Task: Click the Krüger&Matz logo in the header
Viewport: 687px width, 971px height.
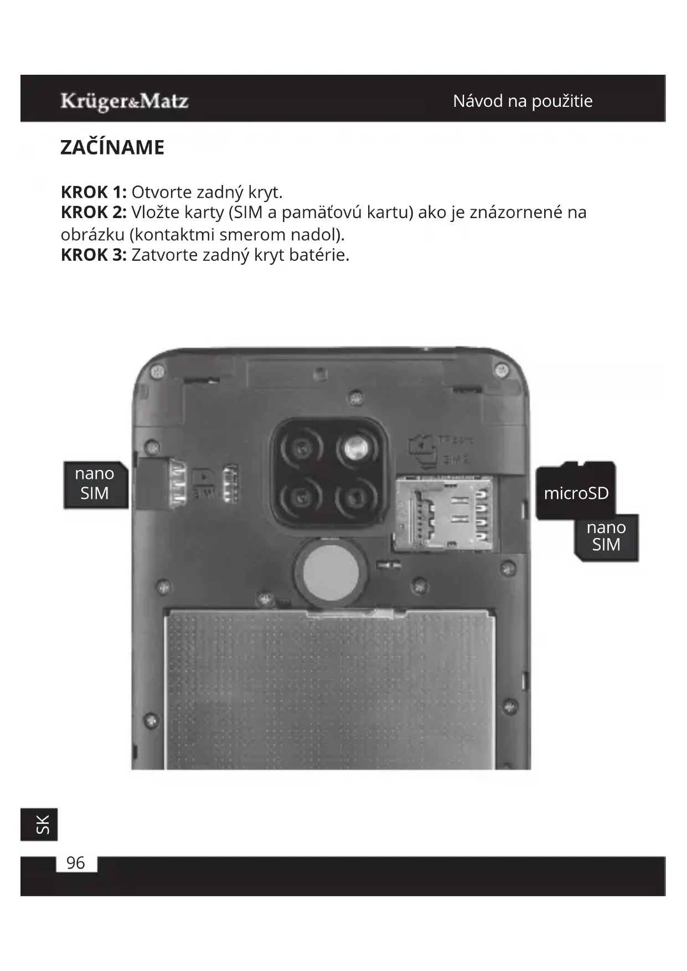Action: pos(125,101)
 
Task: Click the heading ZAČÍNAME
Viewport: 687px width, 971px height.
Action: pos(112,148)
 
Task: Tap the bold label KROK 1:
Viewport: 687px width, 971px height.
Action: pos(94,192)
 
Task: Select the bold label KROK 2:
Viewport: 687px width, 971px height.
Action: pos(94,213)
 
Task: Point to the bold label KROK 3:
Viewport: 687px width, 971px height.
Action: pos(94,255)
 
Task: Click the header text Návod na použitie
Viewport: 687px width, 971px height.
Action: pos(522,101)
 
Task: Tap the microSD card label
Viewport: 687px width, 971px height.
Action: pos(576,492)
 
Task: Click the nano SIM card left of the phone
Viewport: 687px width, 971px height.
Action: pos(95,484)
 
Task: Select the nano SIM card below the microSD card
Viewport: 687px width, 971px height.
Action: pos(606,536)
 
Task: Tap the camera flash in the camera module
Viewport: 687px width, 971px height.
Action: pos(355,447)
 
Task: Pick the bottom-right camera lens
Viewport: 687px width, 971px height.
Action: pos(355,498)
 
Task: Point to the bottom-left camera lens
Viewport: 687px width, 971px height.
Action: pos(301,498)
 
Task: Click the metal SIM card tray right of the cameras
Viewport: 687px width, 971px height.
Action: pos(444,514)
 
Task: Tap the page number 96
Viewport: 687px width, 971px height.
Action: pos(76,863)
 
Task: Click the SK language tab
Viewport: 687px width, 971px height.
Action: pos(40,824)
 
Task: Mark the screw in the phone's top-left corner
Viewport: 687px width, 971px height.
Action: pos(157,370)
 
